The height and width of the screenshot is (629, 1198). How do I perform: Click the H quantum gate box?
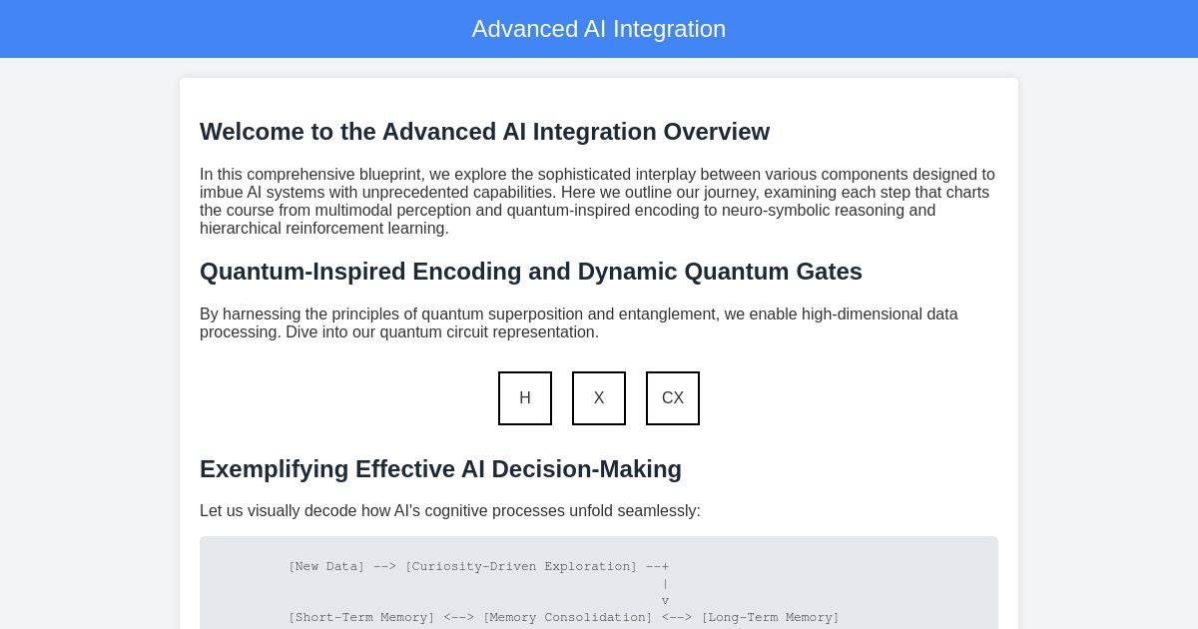tap(525, 398)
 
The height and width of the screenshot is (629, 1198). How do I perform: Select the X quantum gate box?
tap(599, 398)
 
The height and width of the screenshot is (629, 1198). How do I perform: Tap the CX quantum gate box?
tap(673, 398)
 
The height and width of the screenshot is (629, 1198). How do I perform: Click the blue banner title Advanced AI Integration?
tap(599, 29)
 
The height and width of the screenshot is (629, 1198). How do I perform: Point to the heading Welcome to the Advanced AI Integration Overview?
tap(484, 132)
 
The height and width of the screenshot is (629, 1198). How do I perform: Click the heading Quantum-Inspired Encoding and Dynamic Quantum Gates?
tap(530, 272)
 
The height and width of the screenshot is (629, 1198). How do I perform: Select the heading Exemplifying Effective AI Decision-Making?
tap(440, 469)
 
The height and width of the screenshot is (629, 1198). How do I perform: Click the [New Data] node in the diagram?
tap(326, 566)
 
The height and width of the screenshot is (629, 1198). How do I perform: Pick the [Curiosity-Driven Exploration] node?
tap(520, 566)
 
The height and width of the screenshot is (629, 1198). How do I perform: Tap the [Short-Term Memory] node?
tap(361, 617)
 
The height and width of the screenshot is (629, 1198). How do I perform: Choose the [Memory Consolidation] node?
tap(567, 617)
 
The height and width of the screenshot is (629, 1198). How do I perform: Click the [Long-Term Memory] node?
tap(770, 617)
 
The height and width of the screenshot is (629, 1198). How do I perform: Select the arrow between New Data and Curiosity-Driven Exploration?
tap(384, 566)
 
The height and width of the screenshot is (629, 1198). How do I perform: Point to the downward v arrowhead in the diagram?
tap(665, 600)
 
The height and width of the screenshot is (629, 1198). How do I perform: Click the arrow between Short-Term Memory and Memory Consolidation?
tap(459, 617)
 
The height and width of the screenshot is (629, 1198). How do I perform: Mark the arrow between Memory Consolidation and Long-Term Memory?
tap(677, 617)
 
